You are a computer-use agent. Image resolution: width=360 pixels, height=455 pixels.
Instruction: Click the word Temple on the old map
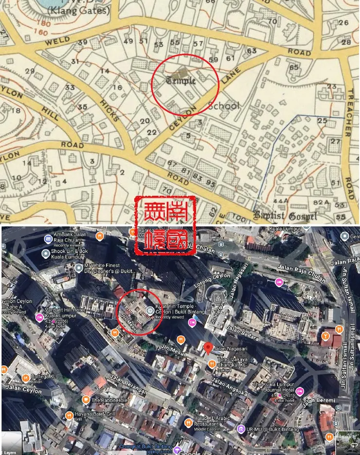click(x=181, y=80)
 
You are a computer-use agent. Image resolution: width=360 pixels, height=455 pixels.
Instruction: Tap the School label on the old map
click(x=223, y=106)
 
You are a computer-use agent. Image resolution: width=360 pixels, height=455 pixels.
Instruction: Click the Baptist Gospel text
click(x=285, y=215)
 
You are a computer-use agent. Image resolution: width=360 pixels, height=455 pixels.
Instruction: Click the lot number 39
click(x=83, y=42)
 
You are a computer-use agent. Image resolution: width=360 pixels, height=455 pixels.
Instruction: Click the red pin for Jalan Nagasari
click(x=208, y=348)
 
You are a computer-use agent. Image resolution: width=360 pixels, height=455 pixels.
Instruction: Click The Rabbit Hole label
click(x=108, y=400)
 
